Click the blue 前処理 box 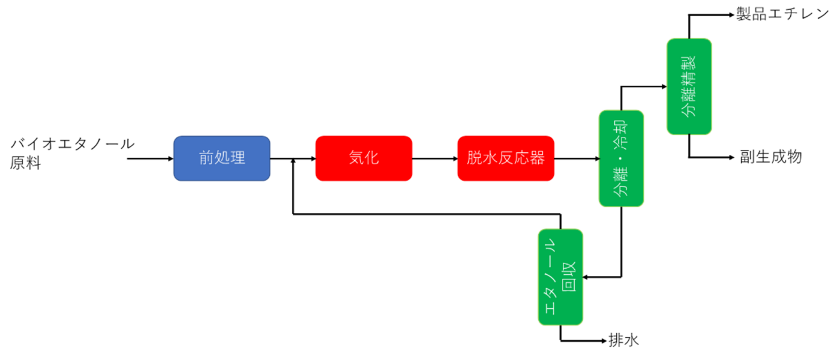tap(222, 158)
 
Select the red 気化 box tap(364, 158)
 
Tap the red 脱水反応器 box tap(506, 158)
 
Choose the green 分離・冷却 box tap(621, 158)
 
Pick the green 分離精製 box tap(689, 86)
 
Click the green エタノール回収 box tap(560, 277)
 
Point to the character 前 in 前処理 tap(206, 158)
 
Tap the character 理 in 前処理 tap(238, 158)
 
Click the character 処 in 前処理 tap(222, 158)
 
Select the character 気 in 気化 tap(356, 158)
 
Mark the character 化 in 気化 tap(372, 158)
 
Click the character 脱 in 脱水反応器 tap(475, 158)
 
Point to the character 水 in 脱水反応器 tap(490, 158)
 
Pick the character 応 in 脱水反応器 tap(521, 158)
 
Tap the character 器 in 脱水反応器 tap(537, 158)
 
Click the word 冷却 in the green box tap(621, 135)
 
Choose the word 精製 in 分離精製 tap(689, 71)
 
